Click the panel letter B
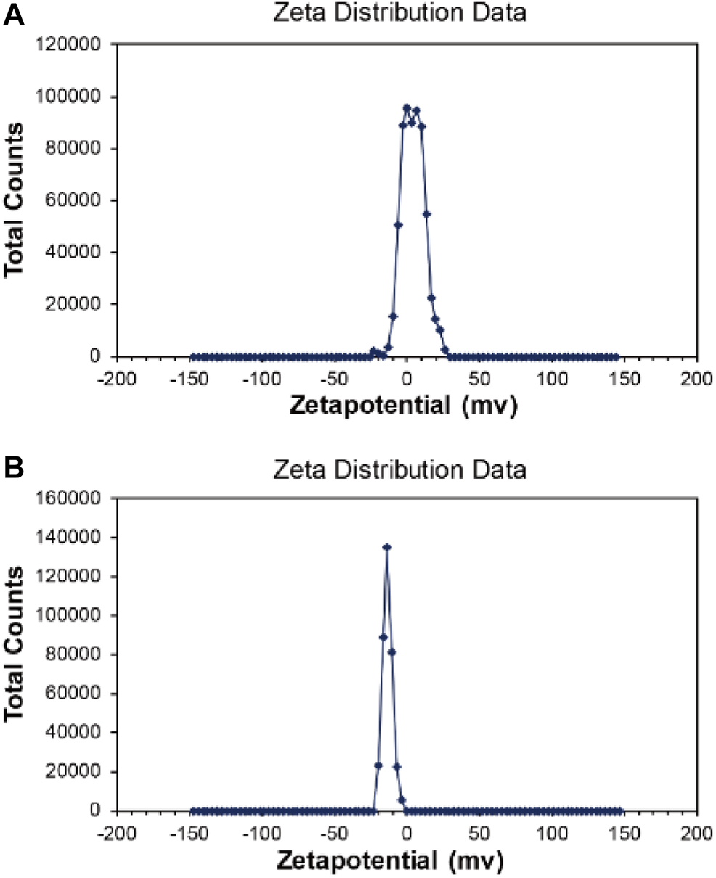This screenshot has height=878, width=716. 14,468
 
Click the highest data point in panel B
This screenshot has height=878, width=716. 387,547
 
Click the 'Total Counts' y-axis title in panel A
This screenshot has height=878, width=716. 15,200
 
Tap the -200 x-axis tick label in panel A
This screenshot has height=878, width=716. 117,379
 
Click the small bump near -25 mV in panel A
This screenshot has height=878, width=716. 373,351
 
